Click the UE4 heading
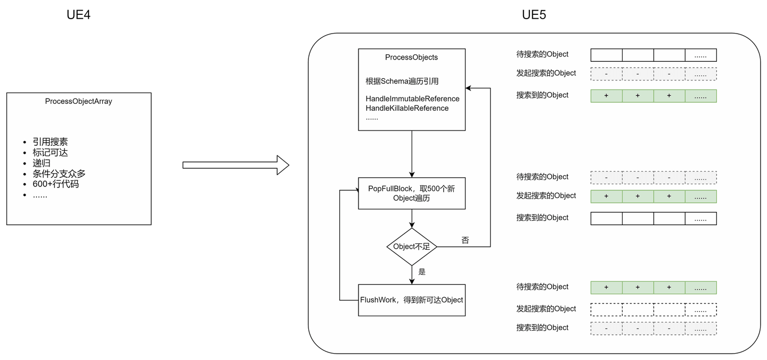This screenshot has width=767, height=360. [x=78, y=15]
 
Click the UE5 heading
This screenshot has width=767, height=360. [x=533, y=15]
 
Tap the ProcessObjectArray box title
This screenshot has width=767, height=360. [x=79, y=101]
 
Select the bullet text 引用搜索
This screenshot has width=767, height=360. [x=50, y=142]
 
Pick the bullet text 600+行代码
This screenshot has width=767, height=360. [x=56, y=184]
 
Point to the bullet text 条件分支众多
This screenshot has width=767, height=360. [x=59, y=174]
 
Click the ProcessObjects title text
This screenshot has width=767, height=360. [x=411, y=58]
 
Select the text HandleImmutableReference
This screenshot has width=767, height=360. [x=412, y=99]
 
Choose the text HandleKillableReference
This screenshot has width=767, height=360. [x=407, y=108]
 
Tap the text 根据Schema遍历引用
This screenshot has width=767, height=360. [x=402, y=81]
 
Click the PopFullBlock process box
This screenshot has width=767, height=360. [x=412, y=193]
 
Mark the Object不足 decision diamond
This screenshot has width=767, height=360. [x=412, y=247]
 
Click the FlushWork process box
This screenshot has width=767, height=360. [x=412, y=300]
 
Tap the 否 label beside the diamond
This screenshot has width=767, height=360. [x=465, y=240]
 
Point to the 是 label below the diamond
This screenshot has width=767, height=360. [x=422, y=272]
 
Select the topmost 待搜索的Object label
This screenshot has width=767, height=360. [x=542, y=54]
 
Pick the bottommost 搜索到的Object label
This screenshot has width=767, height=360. [x=542, y=328]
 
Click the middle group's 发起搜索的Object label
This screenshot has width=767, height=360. [x=546, y=196]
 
